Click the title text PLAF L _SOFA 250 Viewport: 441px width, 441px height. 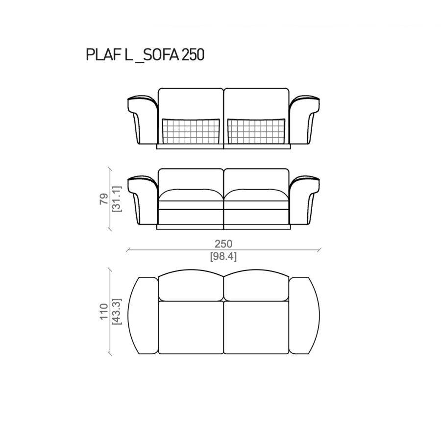point(145,55)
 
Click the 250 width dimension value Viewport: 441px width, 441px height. point(223,244)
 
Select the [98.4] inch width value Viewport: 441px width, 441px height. point(223,256)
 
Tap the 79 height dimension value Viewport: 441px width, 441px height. point(104,199)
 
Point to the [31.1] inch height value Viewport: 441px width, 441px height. point(117,199)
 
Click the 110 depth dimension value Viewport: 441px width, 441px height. point(104,312)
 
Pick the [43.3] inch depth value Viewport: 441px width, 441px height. point(117,312)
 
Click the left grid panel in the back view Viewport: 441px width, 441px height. point(191,131)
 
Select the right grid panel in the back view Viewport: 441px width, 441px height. point(256,131)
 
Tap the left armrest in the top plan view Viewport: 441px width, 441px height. point(143,315)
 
